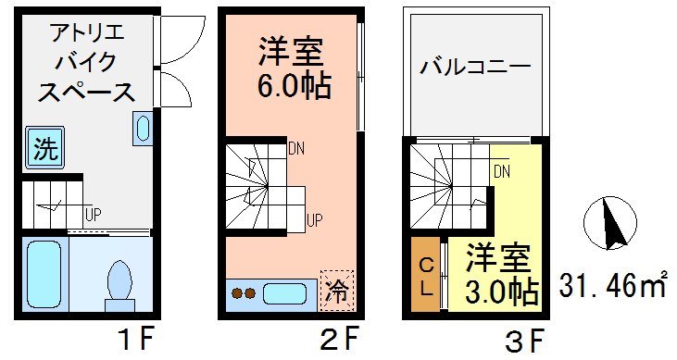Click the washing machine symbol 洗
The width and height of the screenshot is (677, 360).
44,148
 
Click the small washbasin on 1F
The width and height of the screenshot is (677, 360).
143,129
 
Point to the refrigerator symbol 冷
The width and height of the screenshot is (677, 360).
336,292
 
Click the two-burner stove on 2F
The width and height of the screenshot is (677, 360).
243,294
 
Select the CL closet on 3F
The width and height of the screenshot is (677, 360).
425,276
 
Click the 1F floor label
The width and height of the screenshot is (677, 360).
137,340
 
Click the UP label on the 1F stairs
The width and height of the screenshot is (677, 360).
93,214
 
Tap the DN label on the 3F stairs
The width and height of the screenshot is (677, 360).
501,171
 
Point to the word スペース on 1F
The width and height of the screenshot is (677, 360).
84,93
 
